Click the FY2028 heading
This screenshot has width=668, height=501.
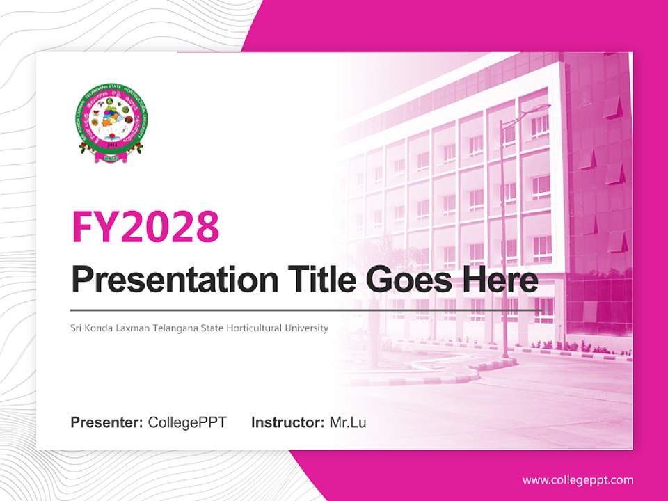145,226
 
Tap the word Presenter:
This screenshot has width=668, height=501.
107,422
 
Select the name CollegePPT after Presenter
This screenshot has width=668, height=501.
187,422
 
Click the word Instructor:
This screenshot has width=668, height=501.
287,422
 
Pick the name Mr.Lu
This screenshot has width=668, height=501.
348,422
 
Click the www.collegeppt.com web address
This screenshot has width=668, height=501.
578,479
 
